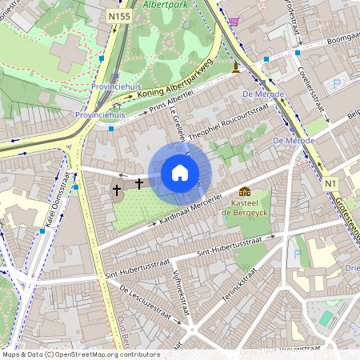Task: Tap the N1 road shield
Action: pyautogui.click(x=330, y=183)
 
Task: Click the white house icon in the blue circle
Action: pyautogui.click(x=180, y=173)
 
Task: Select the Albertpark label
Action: pyautogui.click(x=166, y=4)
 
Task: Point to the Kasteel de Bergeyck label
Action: pyautogui.click(x=245, y=208)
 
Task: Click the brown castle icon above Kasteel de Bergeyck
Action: pyautogui.click(x=245, y=191)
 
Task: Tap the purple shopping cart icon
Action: pyautogui.click(x=233, y=22)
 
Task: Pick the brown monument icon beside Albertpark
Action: pyautogui.click(x=235, y=67)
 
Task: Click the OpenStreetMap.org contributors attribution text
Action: pyautogui.click(x=104, y=354)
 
